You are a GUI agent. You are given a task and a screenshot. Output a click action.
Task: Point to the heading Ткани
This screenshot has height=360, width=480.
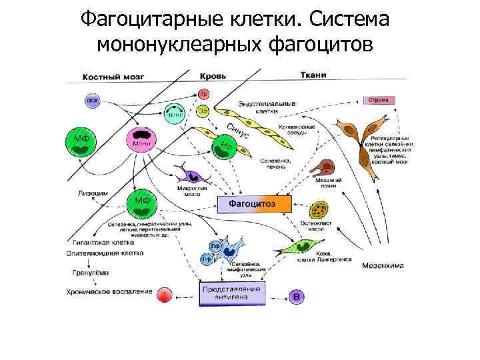click(312, 75)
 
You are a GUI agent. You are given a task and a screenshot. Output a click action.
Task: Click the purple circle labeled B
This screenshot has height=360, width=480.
click(297, 296)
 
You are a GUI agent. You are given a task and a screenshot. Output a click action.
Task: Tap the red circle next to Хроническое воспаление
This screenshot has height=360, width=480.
click(165, 293)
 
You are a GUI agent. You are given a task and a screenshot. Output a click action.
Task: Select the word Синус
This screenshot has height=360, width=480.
click(237, 131)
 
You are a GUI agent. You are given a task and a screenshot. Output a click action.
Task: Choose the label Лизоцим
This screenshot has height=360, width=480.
click(90, 194)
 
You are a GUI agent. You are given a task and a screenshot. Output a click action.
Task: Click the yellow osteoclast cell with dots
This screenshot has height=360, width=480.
click(321, 210)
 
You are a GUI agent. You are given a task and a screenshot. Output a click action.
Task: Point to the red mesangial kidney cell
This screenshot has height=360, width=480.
click(327, 167)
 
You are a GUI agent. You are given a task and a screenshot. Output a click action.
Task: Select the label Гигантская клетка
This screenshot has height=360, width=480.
click(100, 243)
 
